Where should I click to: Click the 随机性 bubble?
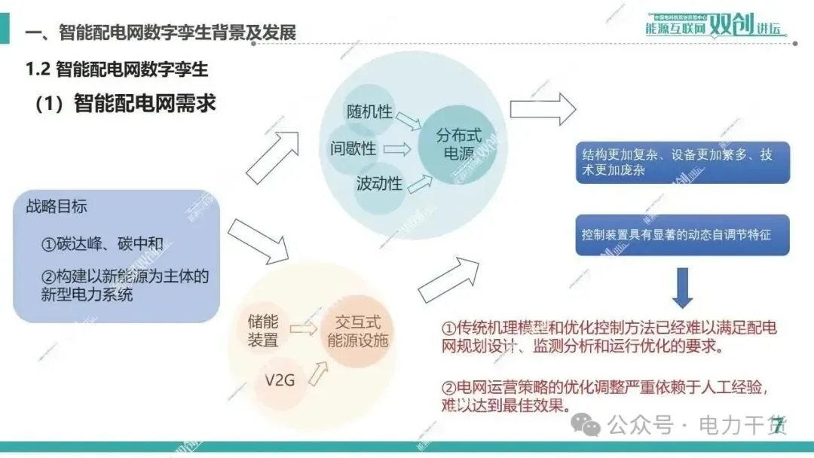(369, 111)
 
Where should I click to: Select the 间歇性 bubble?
(353, 148)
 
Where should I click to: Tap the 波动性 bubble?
(379, 184)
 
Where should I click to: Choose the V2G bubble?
(280, 380)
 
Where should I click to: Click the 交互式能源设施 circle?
(358, 331)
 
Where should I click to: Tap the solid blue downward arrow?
(683, 287)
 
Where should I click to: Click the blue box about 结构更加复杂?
(682, 163)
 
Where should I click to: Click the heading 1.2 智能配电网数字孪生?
(117, 70)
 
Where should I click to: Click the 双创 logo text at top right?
(732, 27)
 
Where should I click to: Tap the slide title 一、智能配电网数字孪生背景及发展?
(160, 33)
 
